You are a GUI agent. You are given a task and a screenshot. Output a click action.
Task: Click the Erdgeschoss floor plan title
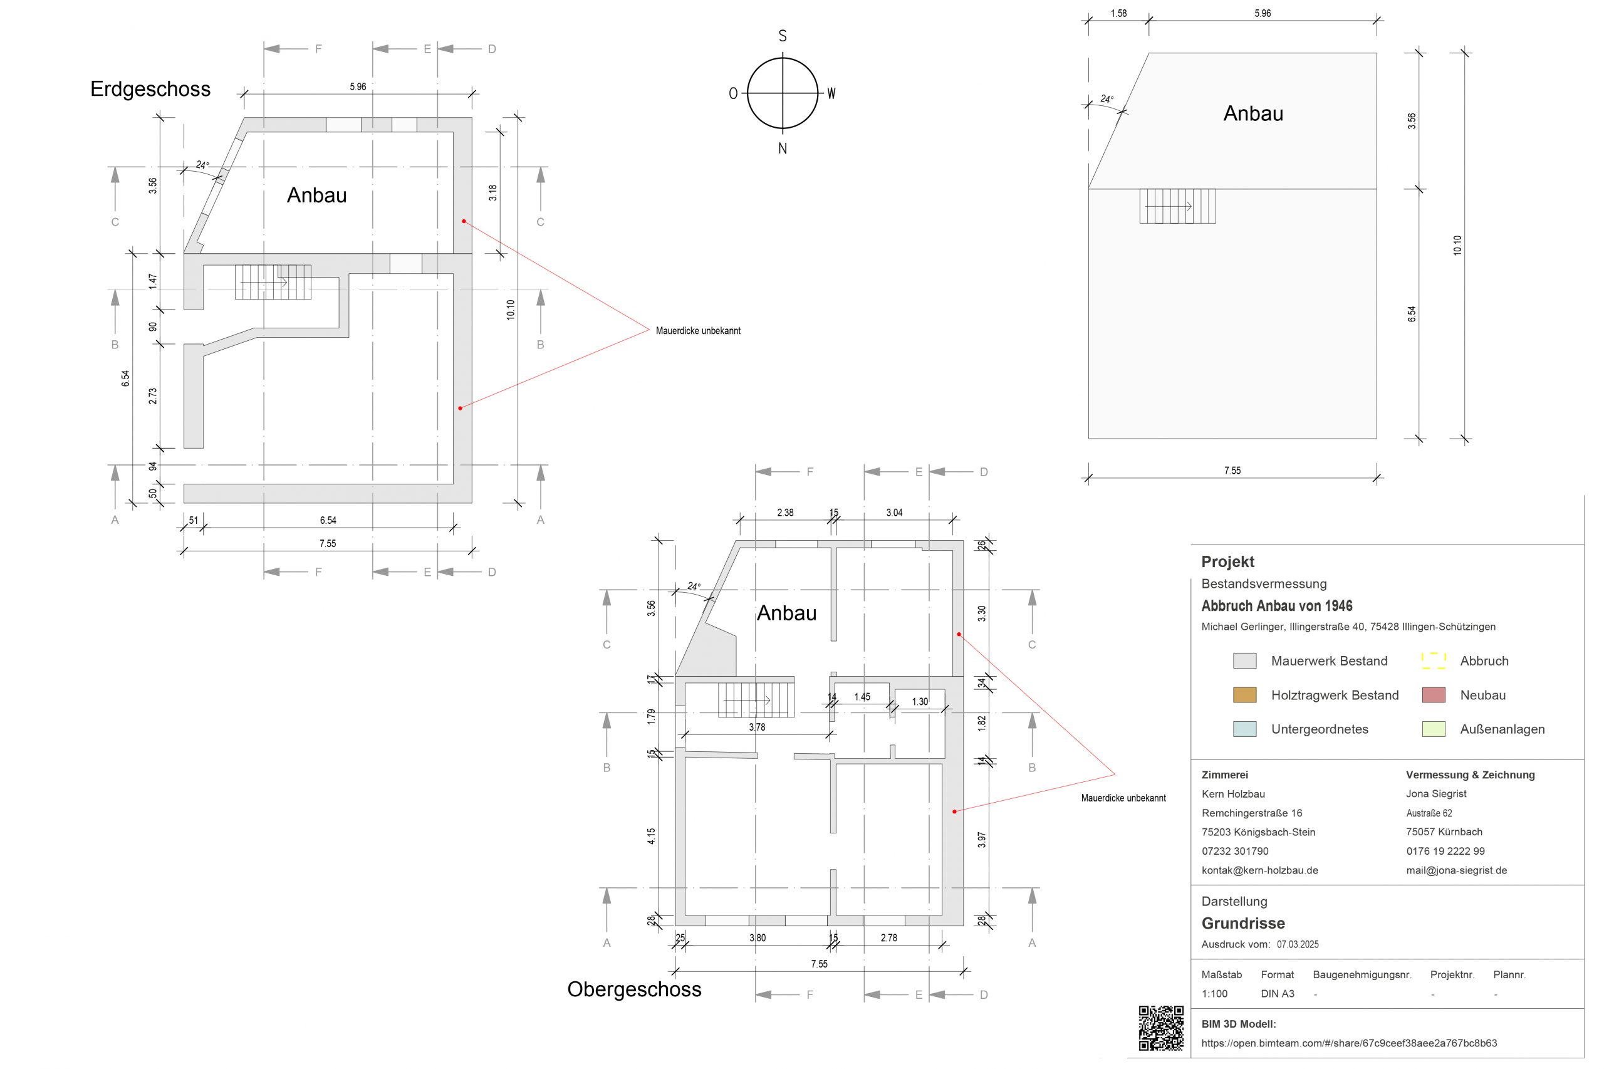tap(150, 90)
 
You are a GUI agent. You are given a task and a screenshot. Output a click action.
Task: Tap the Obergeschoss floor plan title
tap(634, 989)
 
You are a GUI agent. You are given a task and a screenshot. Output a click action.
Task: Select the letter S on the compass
tap(783, 36)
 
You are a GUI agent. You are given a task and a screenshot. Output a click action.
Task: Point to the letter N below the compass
tap(783, 149)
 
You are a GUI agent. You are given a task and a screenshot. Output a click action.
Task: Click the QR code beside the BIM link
tap(1162, 1028)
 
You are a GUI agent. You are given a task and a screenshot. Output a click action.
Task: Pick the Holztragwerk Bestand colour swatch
tap(1245, 696)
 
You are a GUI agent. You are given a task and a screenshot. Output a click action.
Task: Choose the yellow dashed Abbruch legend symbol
tap(1434, 660)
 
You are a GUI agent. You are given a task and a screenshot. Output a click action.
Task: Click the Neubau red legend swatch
tap(1434, 696)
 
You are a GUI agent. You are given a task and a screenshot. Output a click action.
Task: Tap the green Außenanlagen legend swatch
tap(1434, 729)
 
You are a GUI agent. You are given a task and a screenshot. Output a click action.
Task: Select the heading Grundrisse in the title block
tap(1242, 923)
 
